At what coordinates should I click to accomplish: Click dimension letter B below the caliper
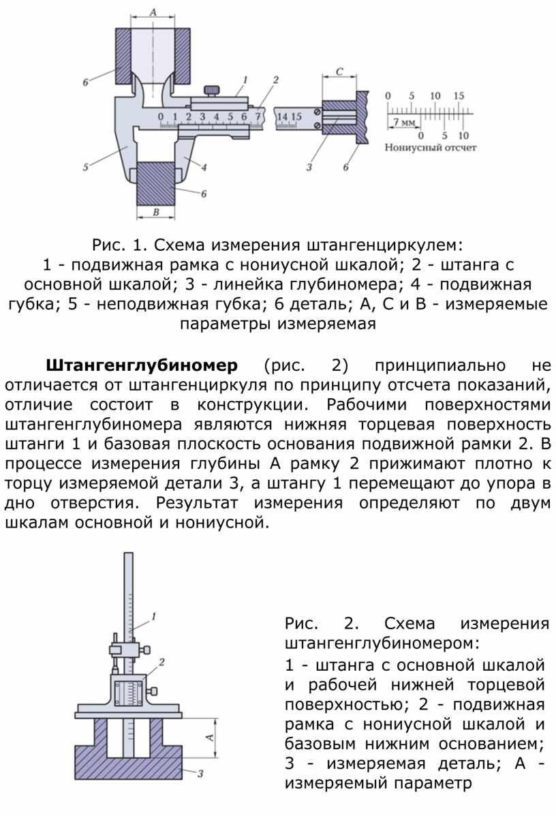point(155,213)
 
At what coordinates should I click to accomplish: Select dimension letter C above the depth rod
point(339,70)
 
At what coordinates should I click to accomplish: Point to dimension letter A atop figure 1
point(153,12)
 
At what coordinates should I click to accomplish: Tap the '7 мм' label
point(402,121)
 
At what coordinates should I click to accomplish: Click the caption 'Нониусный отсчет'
point(431,147)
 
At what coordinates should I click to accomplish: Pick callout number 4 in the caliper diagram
point(204,166)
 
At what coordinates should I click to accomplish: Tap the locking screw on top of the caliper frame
point(214,90)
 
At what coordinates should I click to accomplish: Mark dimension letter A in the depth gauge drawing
point(211,737)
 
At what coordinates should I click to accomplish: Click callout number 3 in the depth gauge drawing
point(201,773)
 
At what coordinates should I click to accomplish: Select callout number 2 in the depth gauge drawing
point(162,661)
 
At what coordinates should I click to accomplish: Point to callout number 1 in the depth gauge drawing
point(154,616)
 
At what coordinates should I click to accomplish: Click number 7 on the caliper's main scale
point(258,116)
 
